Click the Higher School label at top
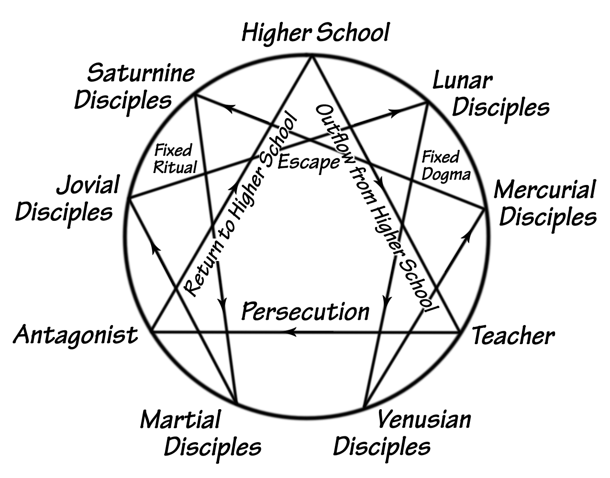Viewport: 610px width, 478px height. pos(315,33)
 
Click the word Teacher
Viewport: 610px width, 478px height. pos(513,336)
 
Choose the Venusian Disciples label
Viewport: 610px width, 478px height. pos(402,433)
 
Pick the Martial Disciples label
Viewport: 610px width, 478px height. pos(201,433)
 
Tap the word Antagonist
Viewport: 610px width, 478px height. pos(76,335)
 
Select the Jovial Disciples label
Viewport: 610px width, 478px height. pos(67,198)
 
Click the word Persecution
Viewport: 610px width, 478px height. pos(305,312)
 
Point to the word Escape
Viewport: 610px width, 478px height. pos(308,162)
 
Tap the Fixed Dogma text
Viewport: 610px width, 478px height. pos(445,165)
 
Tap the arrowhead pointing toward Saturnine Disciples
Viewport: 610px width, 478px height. pos(228,109)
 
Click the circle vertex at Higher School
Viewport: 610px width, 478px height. pos(312,56)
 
